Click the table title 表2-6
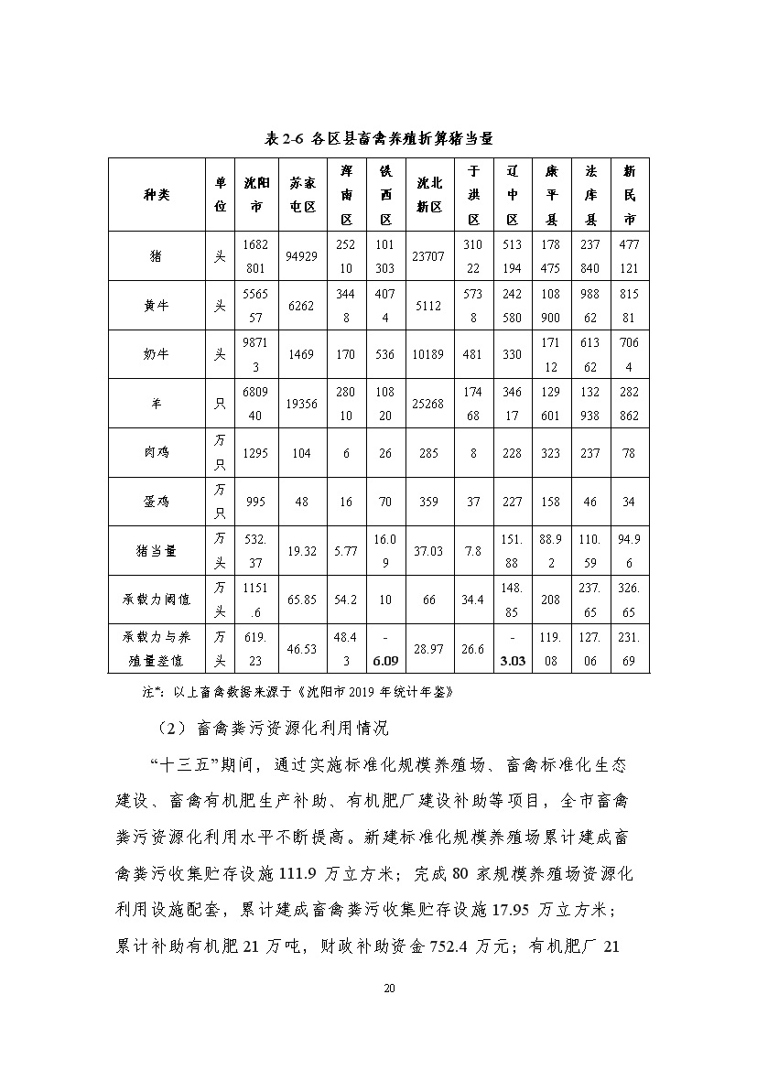[378, 139]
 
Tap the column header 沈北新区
[429, 195]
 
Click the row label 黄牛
[156, 307]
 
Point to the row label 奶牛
[156, 353]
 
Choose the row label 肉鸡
[156, 453]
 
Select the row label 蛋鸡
[156, 502]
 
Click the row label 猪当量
[156, 551]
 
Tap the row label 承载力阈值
[156, 599]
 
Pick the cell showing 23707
[429, 256]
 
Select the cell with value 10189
[429, 353]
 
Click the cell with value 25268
[429, 403]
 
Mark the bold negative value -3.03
[513, 658]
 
